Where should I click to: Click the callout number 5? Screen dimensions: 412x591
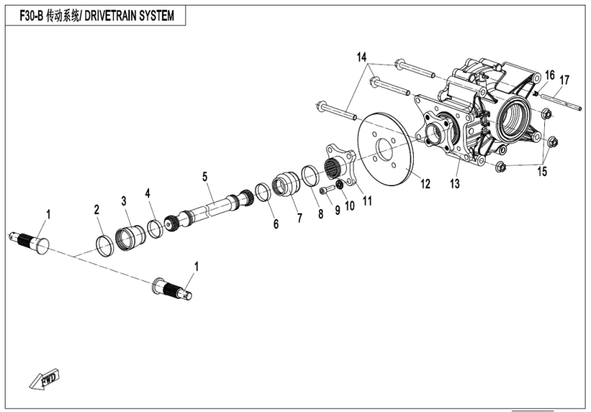point(205,176)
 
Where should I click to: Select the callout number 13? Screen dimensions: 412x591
point(454,184)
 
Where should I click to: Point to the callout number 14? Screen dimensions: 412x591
point(361,57)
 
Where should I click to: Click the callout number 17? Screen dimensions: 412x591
point(564,80)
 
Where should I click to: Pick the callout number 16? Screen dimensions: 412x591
point(549,74)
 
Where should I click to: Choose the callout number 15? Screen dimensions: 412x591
point(542,172)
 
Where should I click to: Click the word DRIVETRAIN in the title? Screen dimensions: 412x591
point(114,14)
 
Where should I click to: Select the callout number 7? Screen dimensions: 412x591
point(299,218)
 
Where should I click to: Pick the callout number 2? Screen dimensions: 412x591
point(97,209)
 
